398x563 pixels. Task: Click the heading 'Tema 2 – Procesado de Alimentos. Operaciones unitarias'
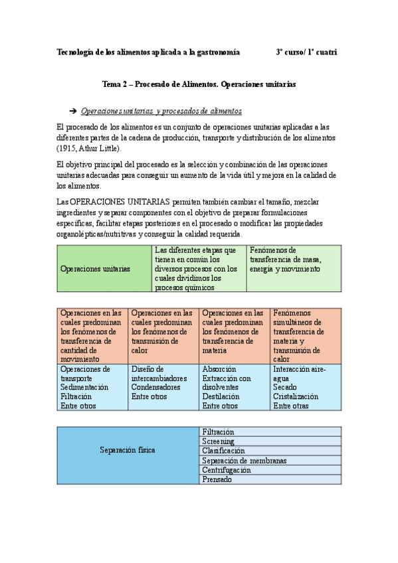coord(199,85)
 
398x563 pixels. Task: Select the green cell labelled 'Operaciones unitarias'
coord(94,269)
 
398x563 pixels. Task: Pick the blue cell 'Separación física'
coord(127,450)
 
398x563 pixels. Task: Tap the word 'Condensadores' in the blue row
coord(155,387)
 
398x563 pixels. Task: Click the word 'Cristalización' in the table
coord(296,396)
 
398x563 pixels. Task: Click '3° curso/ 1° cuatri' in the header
coord(306,52)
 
